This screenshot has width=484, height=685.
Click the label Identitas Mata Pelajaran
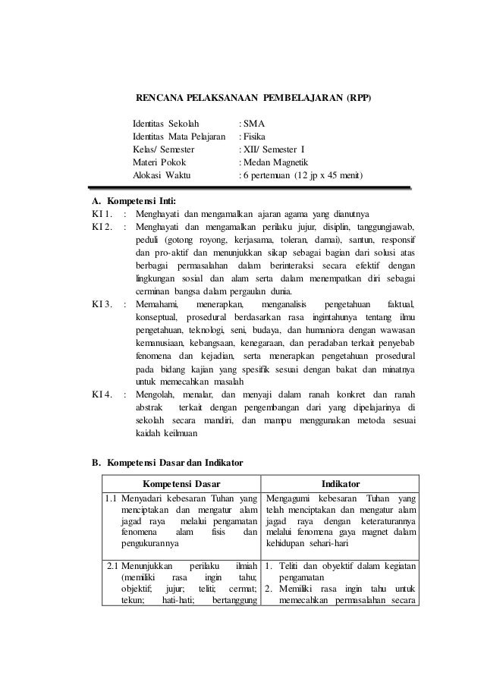pyautogui.click(x=179, y=136)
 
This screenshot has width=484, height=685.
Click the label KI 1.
pyautogui.click(x=102, y=215)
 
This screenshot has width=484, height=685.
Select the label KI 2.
pyautogui.click(x=102, y=228)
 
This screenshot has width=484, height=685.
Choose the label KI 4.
pyautogui.click(x=102, y=394)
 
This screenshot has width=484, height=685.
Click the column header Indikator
pyautogui.click(x=340, y=484)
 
